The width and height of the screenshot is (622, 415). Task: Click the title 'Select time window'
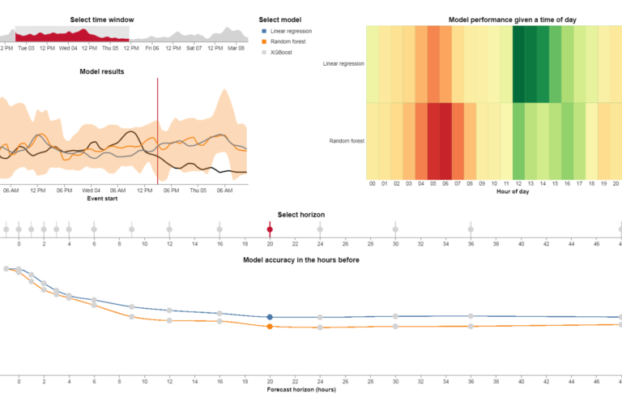102,19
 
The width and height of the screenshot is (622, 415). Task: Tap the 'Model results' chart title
102,71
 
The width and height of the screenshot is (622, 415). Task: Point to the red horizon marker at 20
270,229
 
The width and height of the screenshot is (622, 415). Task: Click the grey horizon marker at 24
320,229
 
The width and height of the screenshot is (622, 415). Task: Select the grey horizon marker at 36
471,229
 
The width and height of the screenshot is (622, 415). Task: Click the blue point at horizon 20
270,317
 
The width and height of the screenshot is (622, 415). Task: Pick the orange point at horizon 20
270,327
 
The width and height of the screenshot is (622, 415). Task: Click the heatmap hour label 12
518,184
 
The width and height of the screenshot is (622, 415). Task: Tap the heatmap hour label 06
445,184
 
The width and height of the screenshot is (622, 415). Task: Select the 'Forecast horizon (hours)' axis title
301,390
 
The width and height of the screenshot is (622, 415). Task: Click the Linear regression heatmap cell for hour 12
518,63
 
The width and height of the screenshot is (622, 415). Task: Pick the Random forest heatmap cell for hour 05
433,141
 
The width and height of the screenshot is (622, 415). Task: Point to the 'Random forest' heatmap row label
347,141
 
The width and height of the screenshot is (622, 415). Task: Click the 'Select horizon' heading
300,215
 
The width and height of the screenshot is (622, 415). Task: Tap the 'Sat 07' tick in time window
194,48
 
